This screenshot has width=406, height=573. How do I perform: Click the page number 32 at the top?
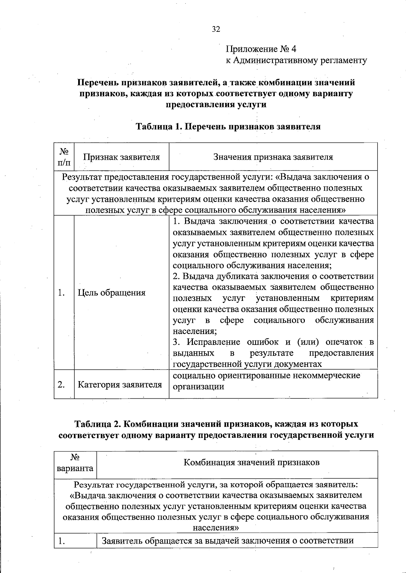click(x=216, y=29)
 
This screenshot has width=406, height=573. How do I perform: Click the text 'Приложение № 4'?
click(x=261, y=49)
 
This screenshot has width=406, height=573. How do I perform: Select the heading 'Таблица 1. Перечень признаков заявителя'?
click(x=228, y=127)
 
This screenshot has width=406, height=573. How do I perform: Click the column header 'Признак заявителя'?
click(x=121, y=157)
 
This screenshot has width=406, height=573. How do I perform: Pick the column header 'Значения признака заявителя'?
click(x=273, y=157)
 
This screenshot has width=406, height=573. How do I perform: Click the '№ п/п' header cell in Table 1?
click(x=64, y=157)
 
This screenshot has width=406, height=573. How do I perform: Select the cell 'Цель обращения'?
click(x=112, y=293)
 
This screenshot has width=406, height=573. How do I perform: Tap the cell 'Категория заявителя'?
click(x=120, y=385)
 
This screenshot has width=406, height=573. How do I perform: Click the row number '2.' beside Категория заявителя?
click(x=62, y=385)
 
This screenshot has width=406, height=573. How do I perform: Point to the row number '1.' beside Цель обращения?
click(x=62, y=293)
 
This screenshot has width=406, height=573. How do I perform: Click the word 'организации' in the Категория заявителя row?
click(x=198, y=387)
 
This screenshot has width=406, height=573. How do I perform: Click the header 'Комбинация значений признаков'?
click(x=251, y=462)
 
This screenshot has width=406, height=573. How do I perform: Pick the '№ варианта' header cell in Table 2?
click(x=75, y=463)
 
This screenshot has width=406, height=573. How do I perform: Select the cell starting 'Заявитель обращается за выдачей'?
click(x=228, y=541)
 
